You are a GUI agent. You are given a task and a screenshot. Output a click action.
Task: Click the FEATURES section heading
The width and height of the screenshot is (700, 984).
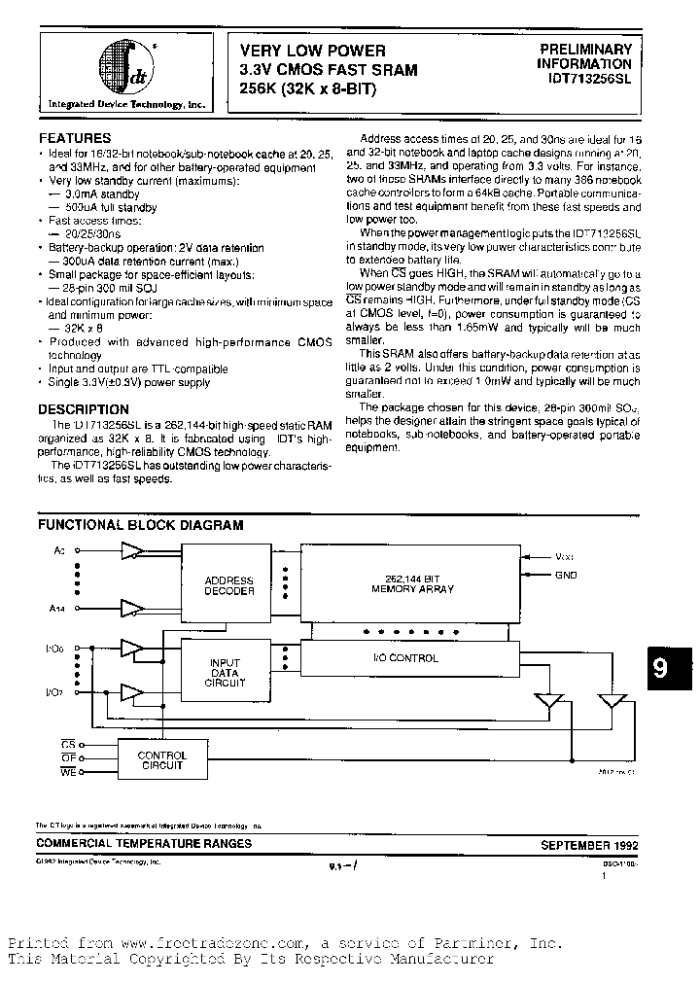74,138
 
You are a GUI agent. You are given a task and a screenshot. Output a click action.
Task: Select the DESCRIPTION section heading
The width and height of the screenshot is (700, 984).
83,409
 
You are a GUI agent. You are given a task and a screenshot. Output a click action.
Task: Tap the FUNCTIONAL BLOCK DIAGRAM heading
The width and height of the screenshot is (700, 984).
140,525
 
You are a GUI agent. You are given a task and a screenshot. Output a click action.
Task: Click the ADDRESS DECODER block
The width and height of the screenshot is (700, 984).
228,585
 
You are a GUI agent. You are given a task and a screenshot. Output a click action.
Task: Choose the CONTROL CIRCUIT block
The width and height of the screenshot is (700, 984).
161,760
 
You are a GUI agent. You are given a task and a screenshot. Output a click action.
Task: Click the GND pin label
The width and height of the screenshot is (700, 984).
565,575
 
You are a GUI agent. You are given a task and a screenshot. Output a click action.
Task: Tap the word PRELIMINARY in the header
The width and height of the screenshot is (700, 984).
585,50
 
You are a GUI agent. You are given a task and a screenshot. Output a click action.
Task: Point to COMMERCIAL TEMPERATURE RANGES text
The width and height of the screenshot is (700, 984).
144,844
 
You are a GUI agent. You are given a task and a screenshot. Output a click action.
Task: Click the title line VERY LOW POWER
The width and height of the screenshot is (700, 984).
312,51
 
